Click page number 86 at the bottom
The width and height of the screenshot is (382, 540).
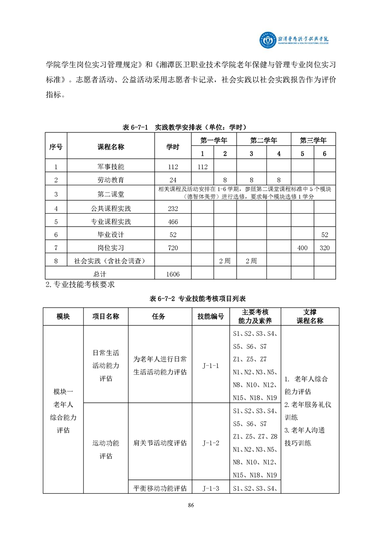pyautogui.click(x=191, y=505)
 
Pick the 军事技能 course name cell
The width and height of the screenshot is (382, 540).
pyautogui.click(x=111, y=167)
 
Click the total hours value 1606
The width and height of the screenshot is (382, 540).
pyautogui.click(x=172, y=273)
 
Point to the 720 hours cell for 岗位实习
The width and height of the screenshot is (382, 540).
pyautogui.click(x=172, y=248)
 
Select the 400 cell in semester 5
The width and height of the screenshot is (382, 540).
pyautogui.click(x=302, y=248)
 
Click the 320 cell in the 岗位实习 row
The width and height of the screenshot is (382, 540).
pyautogui.click(x=325, y=248)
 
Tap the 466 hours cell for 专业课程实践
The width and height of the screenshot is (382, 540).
pyautogui.click(x=172, y=222)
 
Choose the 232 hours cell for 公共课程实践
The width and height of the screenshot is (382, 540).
pyautogui.click(x=172, y=209)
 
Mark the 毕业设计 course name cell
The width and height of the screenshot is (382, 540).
pyautogui.click(x=111, y=235)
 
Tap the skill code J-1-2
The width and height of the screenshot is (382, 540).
pyautogui.click(x=211, y=442)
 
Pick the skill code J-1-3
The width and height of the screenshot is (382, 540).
pyautogui.click(x=211, y=489)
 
